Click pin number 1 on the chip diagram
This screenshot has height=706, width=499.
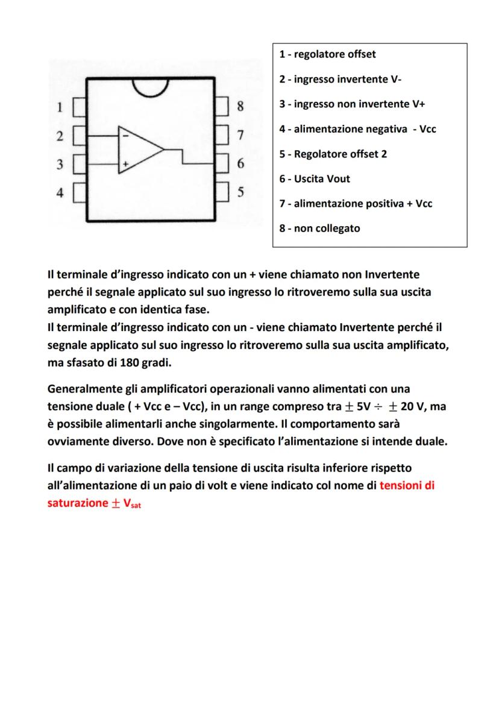click(x=60, y=108)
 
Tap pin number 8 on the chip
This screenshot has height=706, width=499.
click(x=240, y=107)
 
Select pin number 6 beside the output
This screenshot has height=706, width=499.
click(x=240, y=163)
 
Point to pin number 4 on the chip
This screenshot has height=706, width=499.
click(x=60, y=193)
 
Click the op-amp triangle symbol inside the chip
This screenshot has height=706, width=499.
click(x=138, y=150)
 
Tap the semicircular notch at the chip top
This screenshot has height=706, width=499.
click(x=151, y=87)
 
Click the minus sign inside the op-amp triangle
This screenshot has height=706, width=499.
click(x=125, y=136)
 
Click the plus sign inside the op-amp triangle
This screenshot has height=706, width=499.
click(x=125, y=163)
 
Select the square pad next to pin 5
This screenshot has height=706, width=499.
click(x=222, y=192)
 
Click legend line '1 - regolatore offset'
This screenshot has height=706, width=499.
click(x=327, y=54)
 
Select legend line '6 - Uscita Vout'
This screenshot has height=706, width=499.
click(x=314, y=178)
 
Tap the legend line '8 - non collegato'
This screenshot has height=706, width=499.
click(x=319, y=229)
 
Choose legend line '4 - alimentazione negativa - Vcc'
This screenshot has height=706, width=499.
click(x=357, y=129)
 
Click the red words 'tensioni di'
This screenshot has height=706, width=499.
click(x=407, y=486)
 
